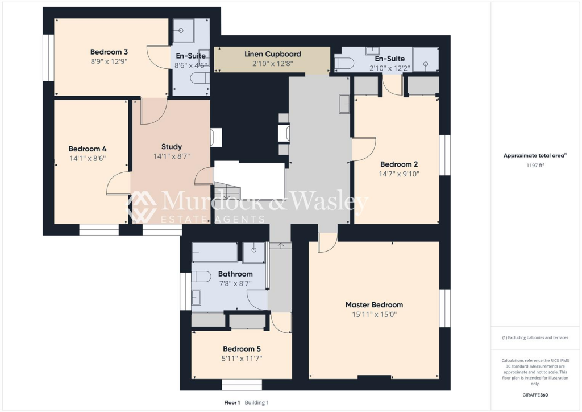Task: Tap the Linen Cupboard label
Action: pos(272,54)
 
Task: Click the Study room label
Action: pos(171,147)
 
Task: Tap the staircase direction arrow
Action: pos(226,196)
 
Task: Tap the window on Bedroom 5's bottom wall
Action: pos(242,384)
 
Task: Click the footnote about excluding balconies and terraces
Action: pos(534,337)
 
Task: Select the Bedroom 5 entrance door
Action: pos(281,322)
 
